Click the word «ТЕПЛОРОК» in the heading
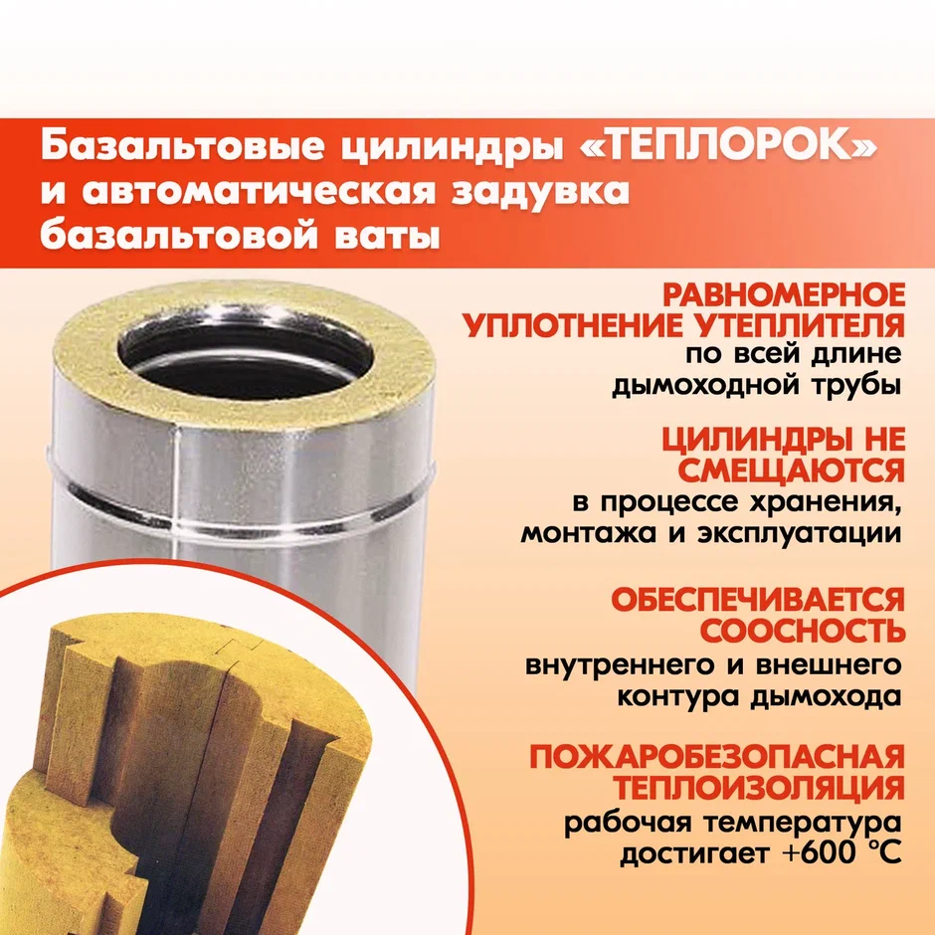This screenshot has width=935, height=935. (728, 146)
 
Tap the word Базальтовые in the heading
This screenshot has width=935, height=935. (182, 147)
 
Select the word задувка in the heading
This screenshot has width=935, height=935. (540, 192)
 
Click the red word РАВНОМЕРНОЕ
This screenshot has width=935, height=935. (784, 294)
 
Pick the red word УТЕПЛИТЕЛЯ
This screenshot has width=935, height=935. (800, 326)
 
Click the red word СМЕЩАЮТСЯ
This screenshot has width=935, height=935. (792, 471)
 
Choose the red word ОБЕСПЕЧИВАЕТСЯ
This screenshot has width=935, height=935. (758, 599)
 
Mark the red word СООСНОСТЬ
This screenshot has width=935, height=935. (803, 631)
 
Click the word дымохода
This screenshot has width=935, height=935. (826, 696)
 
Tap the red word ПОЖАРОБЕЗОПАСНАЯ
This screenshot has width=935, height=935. (717, 757)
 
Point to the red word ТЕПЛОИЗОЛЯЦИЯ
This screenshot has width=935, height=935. (760, 789)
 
